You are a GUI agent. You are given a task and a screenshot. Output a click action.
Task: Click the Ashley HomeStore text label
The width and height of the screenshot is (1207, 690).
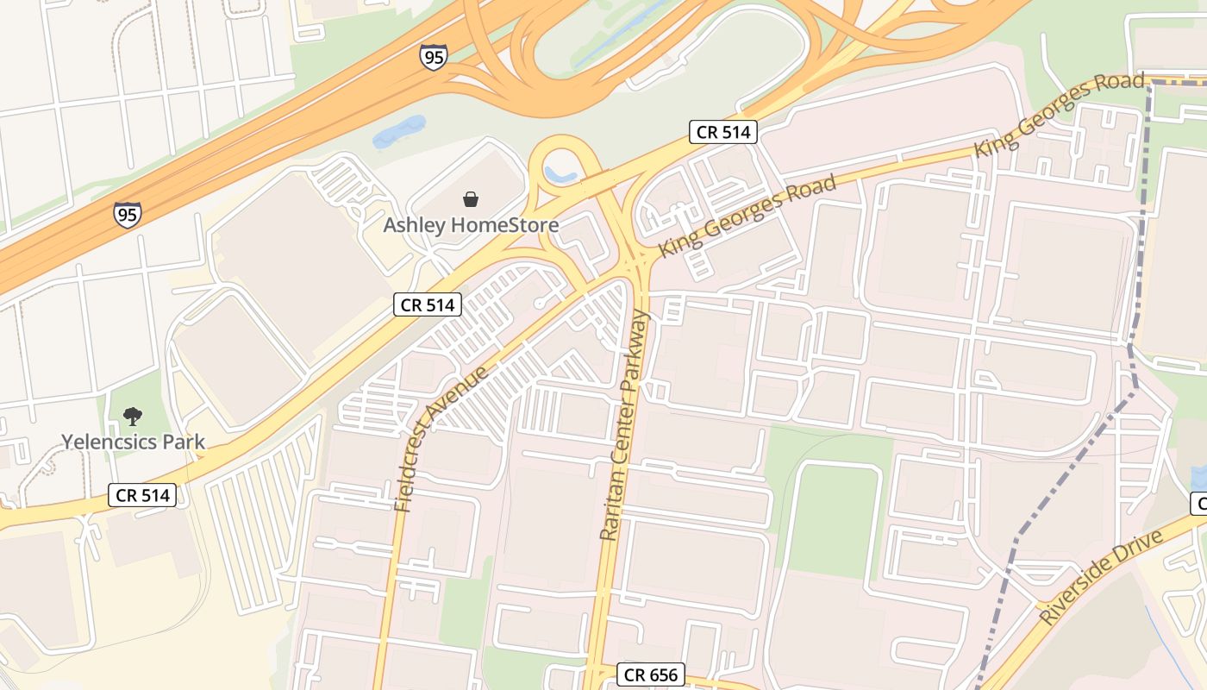point(471,225)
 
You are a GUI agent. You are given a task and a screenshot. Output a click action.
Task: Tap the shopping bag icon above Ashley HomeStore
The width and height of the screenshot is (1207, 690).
point(471,199)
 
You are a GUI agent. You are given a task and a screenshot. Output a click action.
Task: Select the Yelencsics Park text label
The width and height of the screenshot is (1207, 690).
point(133,442)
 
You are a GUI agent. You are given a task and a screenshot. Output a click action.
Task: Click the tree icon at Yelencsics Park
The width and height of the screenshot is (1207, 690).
point(132,417)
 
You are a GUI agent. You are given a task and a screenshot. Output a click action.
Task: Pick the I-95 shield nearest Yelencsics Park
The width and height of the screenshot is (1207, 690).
point(127,214)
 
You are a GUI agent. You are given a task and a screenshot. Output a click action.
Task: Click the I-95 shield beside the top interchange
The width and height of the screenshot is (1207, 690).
point(434,57)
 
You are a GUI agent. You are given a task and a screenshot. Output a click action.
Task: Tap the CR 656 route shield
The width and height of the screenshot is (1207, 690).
point(651,674)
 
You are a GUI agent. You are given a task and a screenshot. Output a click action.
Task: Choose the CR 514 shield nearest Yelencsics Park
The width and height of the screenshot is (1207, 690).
point(142,494)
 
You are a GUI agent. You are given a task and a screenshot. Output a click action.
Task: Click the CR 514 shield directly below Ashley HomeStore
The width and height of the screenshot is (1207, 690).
point(428,304)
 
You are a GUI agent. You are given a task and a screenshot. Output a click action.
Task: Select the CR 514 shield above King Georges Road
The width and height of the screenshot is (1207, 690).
point(723,132)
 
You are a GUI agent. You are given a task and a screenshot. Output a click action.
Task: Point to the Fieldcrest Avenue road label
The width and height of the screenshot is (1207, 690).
point(441,437)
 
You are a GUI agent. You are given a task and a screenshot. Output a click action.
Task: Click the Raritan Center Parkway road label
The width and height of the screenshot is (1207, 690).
point(623,425)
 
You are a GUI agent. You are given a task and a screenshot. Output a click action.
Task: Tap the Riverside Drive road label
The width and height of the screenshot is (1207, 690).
point(1101,577)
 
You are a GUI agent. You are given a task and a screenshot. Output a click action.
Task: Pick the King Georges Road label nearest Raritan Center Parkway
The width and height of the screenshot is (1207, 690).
point(747,216)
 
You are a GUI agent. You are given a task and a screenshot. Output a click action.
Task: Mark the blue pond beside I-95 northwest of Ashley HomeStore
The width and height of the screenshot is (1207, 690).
point(398,131)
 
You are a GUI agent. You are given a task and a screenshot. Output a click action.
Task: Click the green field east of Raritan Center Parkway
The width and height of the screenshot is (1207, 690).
point(831,517)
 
